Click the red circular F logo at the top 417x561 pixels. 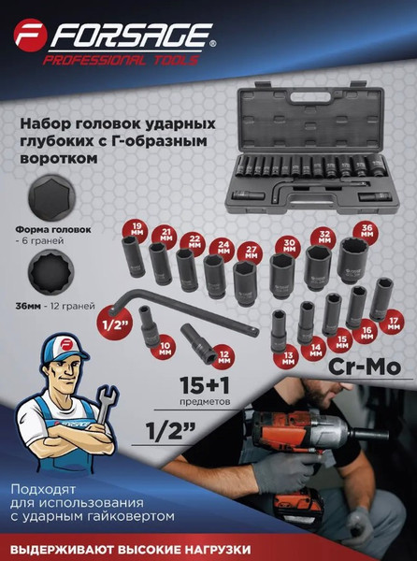tap(31, 36)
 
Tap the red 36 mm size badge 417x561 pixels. tap(367, 231)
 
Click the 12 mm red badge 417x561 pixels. tap(223, 357)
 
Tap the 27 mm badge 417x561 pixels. tap(252, 252)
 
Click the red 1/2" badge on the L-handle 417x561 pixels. tap(115, 324)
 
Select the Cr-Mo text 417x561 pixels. tap(364, 367)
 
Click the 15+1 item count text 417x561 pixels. tap(204, 385)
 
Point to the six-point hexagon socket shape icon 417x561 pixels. tap(50, 197)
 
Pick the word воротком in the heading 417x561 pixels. tap(59, 158)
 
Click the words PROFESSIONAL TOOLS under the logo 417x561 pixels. tap(121, 60)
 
